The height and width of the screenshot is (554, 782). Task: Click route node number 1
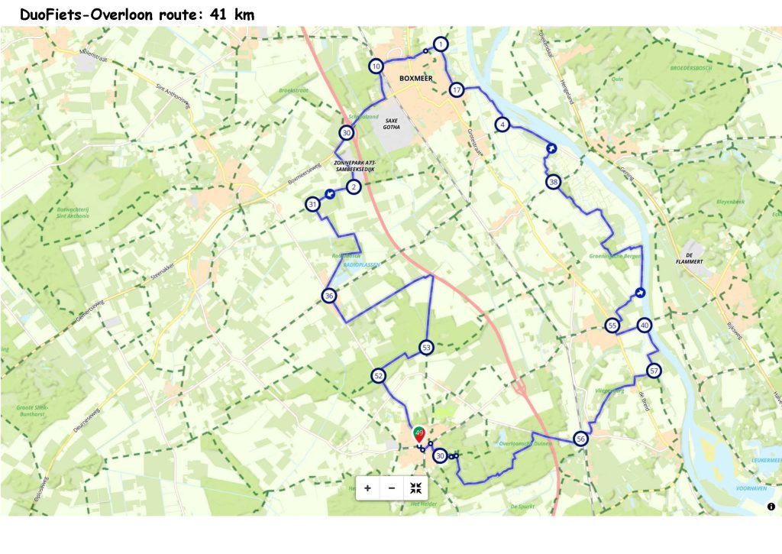[441, 44]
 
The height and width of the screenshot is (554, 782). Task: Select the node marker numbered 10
[376, 66]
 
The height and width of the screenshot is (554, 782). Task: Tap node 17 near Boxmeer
[457, 89]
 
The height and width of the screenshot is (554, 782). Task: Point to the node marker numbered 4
[502, 124]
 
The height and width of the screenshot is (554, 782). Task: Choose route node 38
[554, 182]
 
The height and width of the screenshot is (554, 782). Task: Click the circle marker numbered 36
[329, 296]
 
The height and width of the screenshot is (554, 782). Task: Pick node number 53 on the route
[426, 348]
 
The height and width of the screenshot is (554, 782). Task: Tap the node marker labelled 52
[378, 375]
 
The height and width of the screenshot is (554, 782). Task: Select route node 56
[581, 439]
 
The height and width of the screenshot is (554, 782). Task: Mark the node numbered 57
[653, 371]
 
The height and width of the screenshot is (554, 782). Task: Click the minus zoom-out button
[392, 488]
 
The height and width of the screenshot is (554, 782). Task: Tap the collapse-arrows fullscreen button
[415, 488]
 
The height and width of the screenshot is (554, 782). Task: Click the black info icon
[771, 506]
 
